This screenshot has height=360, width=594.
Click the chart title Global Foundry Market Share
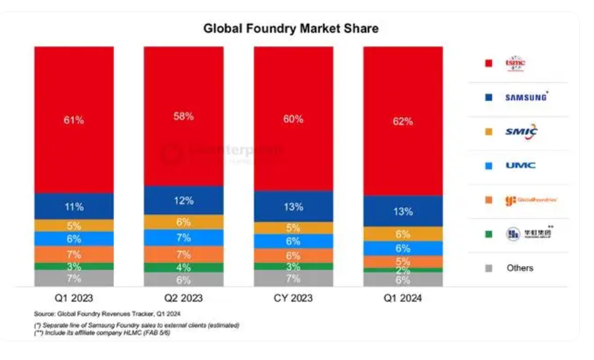[x=291, y=29]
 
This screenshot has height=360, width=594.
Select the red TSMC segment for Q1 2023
[x=73, y=120]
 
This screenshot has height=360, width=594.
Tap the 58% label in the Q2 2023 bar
[x=183, y=116]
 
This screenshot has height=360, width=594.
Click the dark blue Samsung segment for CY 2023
[x=292, y=206]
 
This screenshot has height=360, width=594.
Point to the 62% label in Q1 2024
[x=402, y=122]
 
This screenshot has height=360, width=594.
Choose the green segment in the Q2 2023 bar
[x=183, y=268]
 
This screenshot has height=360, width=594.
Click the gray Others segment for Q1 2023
[x=73, y=278]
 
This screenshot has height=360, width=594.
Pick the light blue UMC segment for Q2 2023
[x=183, y=238]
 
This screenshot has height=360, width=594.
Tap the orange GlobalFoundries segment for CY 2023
[x=292, y=256]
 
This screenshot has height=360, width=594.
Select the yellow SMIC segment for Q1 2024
[x=402, y=234]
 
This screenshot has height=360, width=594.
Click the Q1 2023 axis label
[x=73, y=298]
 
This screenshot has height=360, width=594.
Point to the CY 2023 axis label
[x=292, y=298]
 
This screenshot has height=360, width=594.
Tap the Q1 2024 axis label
[x=402, y=298]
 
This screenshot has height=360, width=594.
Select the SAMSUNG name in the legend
[x=526, y=97]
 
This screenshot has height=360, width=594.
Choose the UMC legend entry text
[x=520, y=165]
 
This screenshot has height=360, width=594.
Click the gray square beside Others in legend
[x=488, y=268]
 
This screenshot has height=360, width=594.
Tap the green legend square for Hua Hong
[x=488, y=234]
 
